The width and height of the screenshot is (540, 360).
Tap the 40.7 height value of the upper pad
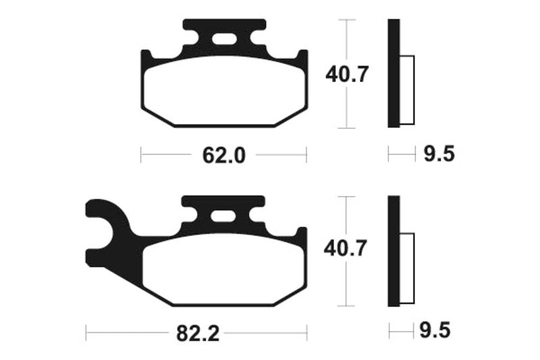[x=346, y=74]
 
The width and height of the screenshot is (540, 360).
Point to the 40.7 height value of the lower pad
[x=346, y=250]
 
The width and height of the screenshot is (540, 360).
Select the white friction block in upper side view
[x=407, y=91]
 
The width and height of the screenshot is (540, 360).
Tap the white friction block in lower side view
[x=407, y=267]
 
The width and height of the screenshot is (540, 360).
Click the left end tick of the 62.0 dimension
[x=141, y=155]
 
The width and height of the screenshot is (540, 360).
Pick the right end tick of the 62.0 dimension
[x=306, y=155]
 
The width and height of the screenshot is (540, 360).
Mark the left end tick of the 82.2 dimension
[x=86, y=332]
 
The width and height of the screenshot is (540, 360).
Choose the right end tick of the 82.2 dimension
[x=306, y=332]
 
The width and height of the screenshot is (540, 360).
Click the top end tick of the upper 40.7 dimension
[x=346, y=20]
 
